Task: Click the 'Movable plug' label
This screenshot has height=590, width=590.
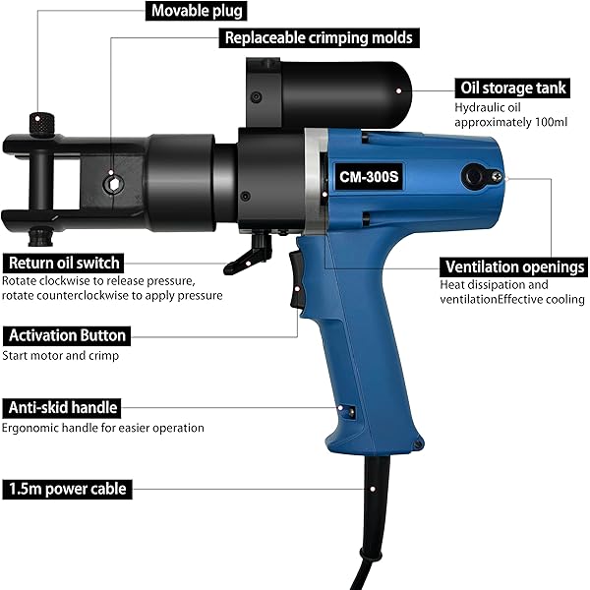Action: [x=197, y=11]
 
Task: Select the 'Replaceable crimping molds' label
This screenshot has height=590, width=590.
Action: [x=319, y=38]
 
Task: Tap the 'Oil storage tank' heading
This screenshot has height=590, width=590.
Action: [x=512, y=88]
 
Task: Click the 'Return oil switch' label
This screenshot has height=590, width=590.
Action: [x=64, y=263]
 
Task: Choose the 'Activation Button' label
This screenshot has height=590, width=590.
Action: [x=67, y=335]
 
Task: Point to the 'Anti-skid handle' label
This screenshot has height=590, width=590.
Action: [x=62, y=408]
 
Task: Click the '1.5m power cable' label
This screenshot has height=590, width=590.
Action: [x=67, y=489]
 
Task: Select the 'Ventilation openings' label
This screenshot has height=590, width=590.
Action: [x=514, y=267]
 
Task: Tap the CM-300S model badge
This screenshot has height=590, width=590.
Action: [x=369, y=176]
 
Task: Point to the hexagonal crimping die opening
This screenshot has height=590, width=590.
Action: [x=113, y=185]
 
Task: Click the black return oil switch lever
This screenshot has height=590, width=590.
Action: [x=249, y=254]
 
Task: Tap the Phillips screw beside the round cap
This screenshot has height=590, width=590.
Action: [x=497, y=175]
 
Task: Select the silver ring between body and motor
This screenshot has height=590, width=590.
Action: [x=316, y=181]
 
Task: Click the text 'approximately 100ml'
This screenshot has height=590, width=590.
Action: [x=510, y=122]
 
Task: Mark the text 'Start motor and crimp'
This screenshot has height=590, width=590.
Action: [x=61, y=356]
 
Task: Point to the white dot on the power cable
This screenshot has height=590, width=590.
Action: [x=373, y=489]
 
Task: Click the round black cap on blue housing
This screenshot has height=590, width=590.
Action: [x=473, y=176]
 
